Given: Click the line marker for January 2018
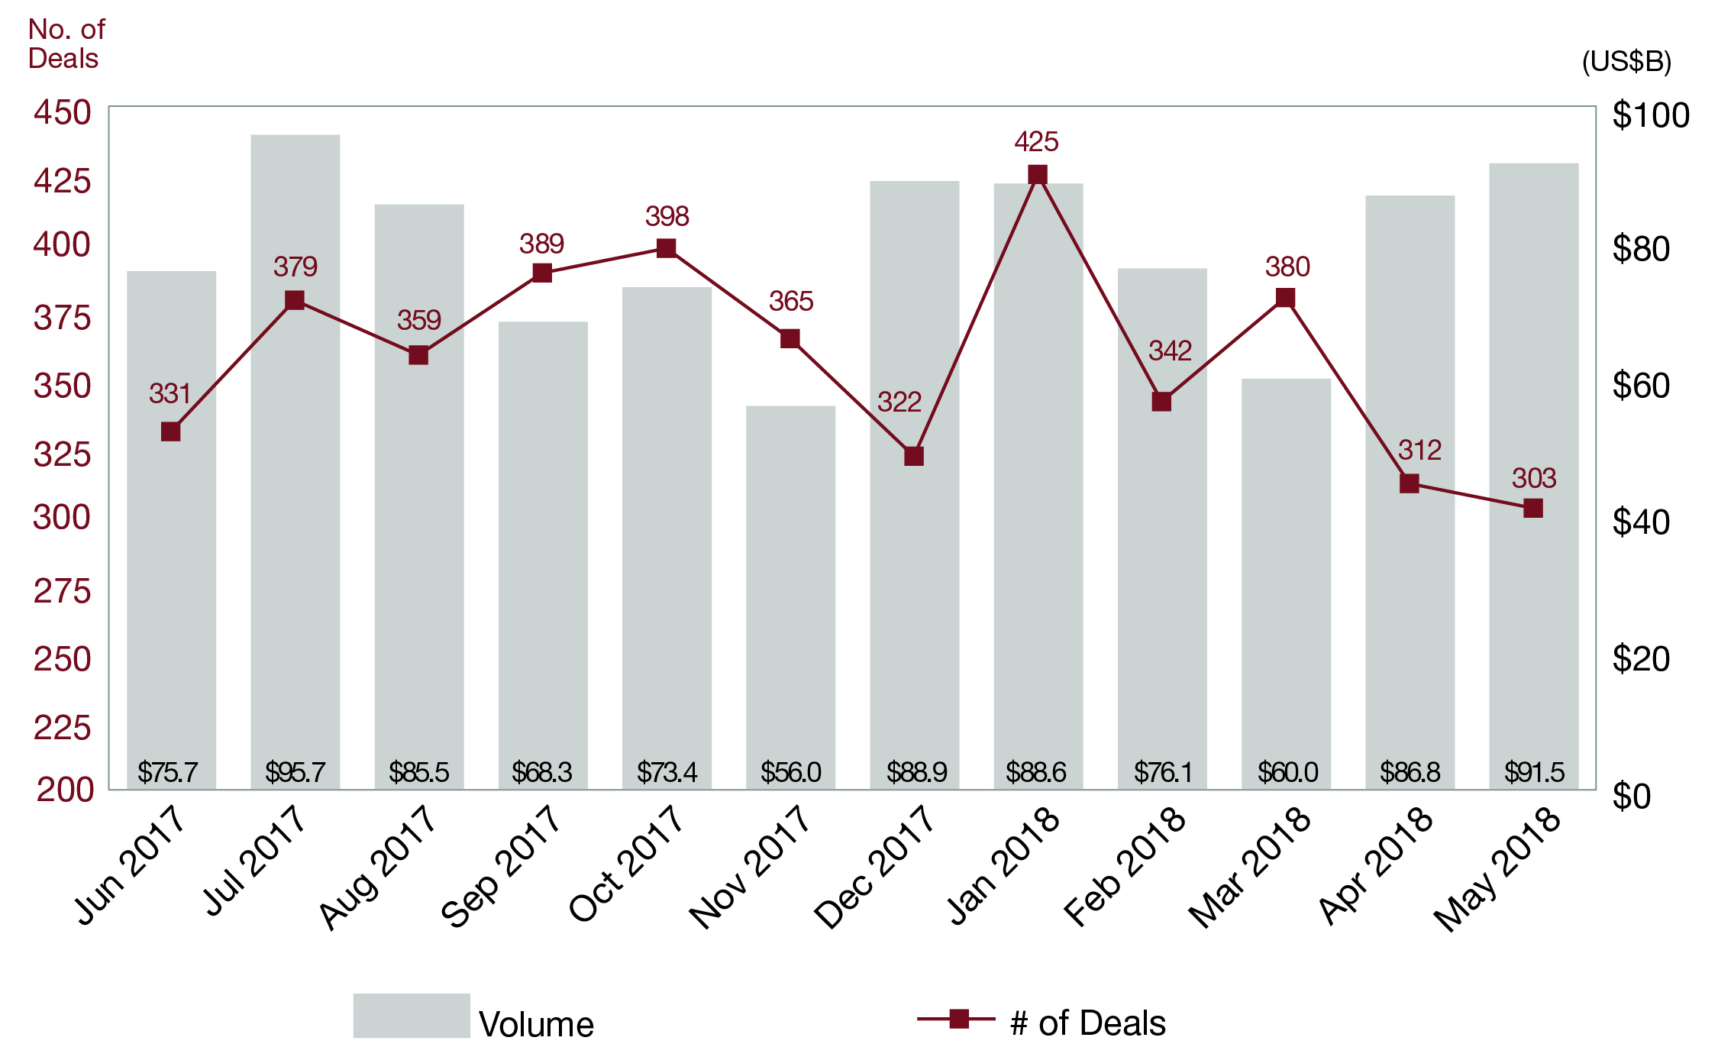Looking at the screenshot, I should pyautogui.click(x=1037, y=175).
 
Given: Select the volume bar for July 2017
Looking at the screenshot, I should pyautogui.click(x=295, y=458).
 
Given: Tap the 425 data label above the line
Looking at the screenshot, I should pyautogui.click(x=1036, y=141).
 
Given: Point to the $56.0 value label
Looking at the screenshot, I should pyautogui.click(x=790, y=772).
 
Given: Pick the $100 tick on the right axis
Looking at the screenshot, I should pyautogui.click(x=1650, y=115).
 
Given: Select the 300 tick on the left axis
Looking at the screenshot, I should pyautogui.click(x=62, y=518).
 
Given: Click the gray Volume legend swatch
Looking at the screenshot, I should pyautogui.click(x=411, y=1015).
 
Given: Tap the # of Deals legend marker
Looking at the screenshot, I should pyautogui.click(x=959, y=1019).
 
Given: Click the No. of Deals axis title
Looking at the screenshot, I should pyautogui.click(x=66, y=44).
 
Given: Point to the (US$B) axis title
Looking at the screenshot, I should pyautogui.click(x=1626, y=61).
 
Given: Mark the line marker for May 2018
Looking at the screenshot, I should pyautogui.click(x=1532, y=508).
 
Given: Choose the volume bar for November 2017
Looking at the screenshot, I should pyautogui.click(x=790, y=596).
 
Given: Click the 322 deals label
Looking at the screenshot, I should pyautogui.click(x=899, y=402).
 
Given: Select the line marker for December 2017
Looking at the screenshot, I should pyautogui.click(x=914, y=456).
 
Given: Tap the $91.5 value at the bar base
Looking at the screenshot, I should pyautogui.click(x=1534, y=772).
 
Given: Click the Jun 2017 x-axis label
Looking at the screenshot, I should pyautogui.click(x=130, y=866).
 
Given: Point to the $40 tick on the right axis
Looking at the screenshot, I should pyautogui.click(x=1641, y=522).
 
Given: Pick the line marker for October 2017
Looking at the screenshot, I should pyautogui.click(x=666, y=248).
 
